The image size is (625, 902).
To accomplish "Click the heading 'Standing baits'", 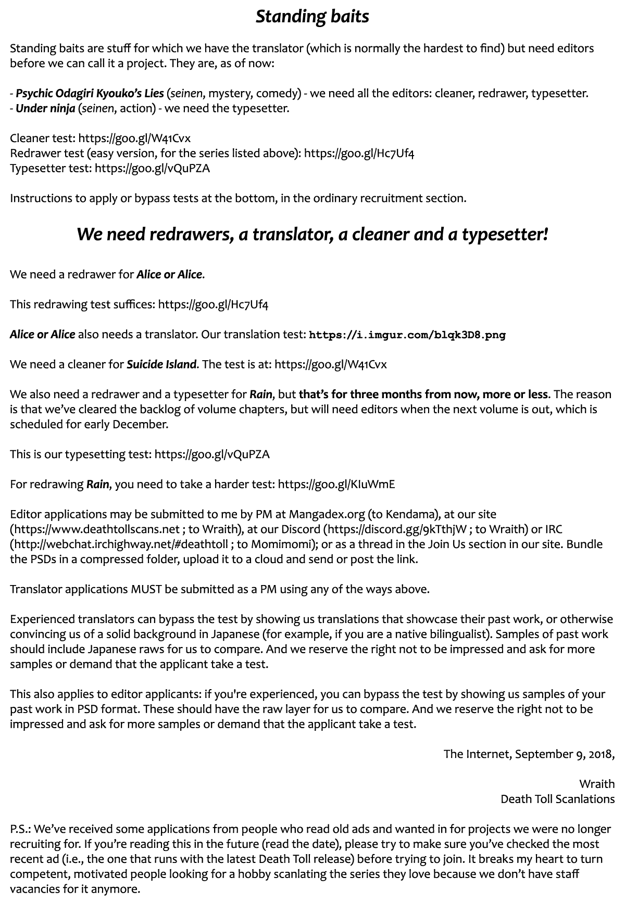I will point(312,17).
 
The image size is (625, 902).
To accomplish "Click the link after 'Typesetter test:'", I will point(153,168).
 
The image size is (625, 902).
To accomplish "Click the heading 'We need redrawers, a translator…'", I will point(312,234).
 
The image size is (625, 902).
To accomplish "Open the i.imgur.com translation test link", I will point(407,335).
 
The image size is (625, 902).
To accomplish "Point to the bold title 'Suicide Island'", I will point(162,364).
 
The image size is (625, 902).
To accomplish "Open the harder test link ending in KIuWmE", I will point(336,485).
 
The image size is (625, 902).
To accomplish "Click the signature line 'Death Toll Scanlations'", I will point(557,799).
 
